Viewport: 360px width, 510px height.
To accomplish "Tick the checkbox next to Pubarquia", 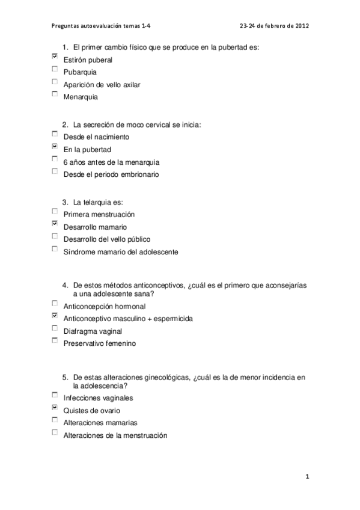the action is point(55,70).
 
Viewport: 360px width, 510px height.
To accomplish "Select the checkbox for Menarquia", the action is point(55,94).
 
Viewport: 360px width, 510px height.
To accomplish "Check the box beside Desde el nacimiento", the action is point(55,134).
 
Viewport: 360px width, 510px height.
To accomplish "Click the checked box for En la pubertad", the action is point(55,147).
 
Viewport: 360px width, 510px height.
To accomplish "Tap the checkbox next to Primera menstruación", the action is point(55,212).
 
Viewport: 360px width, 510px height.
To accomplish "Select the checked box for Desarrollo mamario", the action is point(55,224).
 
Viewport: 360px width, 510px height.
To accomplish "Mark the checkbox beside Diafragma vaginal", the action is point(55,328).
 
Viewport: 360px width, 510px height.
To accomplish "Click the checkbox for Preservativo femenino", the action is point(55,341).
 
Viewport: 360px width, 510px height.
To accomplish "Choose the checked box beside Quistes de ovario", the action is point(55,408).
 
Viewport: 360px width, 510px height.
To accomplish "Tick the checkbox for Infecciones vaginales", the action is point(55,395).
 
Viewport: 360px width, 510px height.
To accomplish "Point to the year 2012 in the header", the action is point(301,26).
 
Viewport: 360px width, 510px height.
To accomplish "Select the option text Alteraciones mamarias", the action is point(96,423).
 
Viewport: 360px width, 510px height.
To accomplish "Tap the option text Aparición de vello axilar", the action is point(102,85).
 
